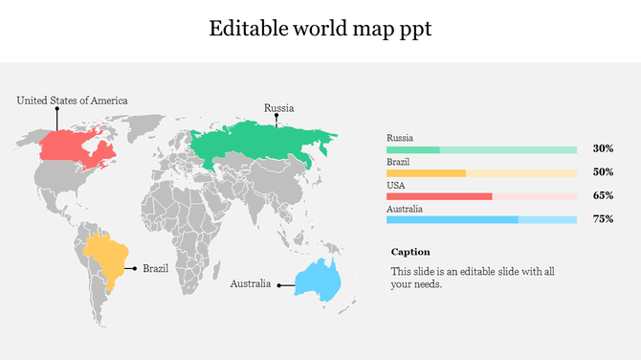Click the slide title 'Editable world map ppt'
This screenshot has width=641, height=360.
(x=320, y=29)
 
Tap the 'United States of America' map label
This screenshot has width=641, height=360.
(x=72, y=101)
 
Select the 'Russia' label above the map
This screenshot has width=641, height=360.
(x=278, y=108)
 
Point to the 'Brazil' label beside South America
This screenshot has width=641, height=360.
(x=155, y=269)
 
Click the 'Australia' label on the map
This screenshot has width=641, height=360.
(x=250, y=284)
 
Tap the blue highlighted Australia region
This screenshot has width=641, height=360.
(x=318, y=281)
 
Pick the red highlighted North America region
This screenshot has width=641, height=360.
(x=77, y=146)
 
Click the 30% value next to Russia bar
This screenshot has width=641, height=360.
(x=603, y=149)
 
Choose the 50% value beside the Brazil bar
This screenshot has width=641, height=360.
(x=603, y=172)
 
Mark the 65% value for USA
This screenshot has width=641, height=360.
(x=603, y=195)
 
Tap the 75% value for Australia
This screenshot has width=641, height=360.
(x=603, y=219)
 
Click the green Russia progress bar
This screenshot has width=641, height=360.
(x=481, y=150)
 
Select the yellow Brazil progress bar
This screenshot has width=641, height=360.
(x=481, y=173)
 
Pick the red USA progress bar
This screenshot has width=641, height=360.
(x=481, y=196)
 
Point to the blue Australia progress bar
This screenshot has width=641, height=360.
(x=481, y=219)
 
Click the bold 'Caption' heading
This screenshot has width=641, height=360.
(x=410, y=252)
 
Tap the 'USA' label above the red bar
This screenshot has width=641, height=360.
(x=395, y=186)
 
